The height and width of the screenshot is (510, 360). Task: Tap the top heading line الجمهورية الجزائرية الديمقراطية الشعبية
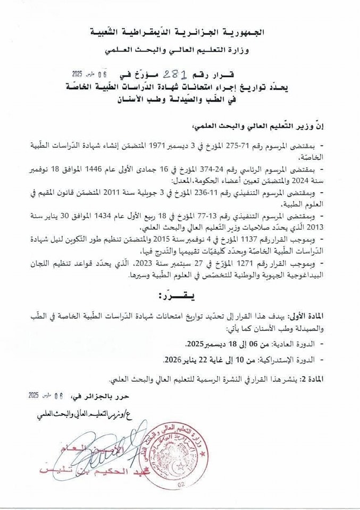[181, 33]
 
